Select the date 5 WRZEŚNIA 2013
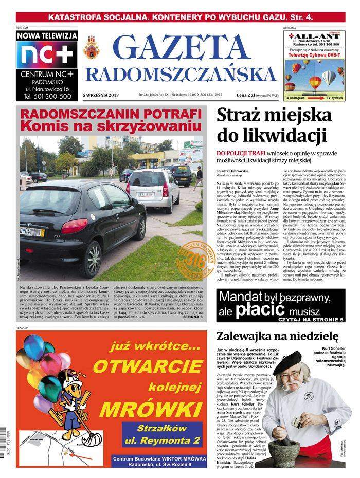101,95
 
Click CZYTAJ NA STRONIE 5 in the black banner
304,319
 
